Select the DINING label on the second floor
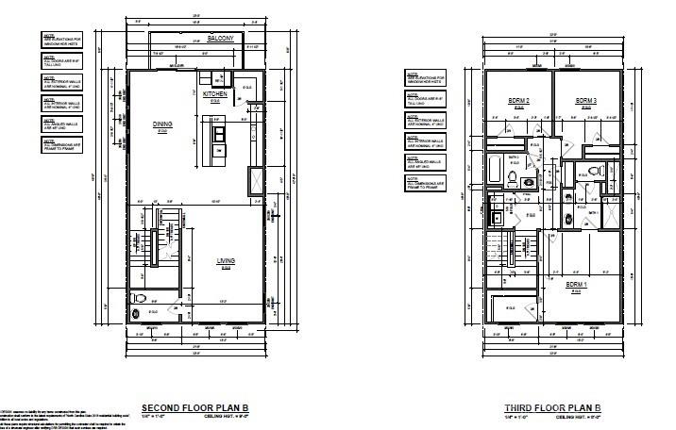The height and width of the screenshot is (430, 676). pyautogui.click(x=161, y=124)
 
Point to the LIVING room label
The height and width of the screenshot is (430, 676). pyautogui.click(x=226, y=261)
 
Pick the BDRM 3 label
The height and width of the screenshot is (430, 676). pyautogui.click(x=586, y=101)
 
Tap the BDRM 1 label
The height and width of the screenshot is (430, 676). pyautogui.click(x=576, y=284)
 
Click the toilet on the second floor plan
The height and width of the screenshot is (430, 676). pyautogui.click(x=141, y=298)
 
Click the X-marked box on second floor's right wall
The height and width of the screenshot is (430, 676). pyautogui.click(x=255, y=179)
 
